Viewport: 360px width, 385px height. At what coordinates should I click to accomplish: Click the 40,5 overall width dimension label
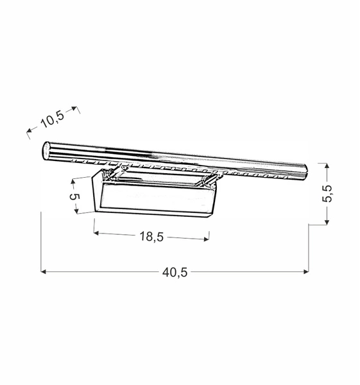click(x=175, y=272)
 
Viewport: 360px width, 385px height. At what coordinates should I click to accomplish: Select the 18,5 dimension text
click(x=151, y=237)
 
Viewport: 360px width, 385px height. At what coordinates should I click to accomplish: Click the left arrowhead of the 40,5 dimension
click(x=44, y=272)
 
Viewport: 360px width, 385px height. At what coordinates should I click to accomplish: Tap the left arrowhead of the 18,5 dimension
click(x=96, y=234)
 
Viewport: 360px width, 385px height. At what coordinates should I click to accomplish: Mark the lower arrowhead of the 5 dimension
click(x=76, y=211)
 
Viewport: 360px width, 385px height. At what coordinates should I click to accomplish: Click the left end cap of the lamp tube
click(x=46, y=149)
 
